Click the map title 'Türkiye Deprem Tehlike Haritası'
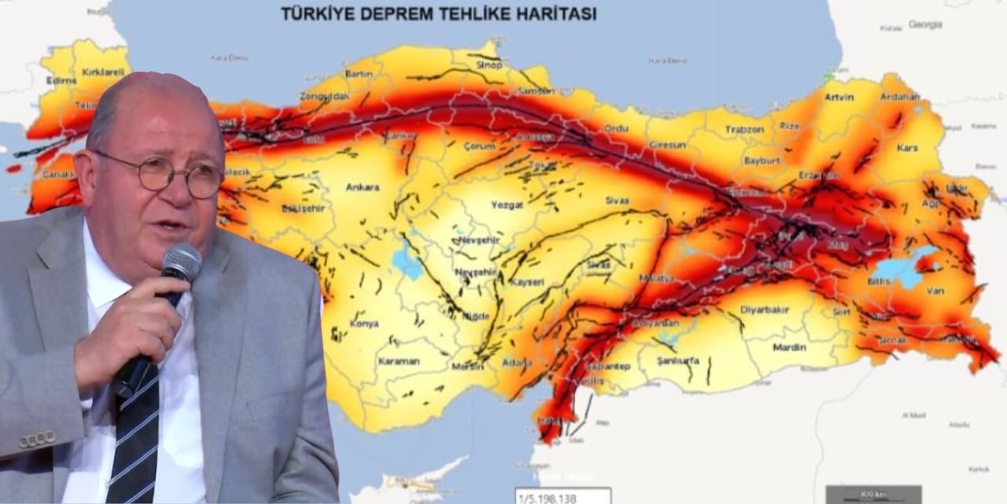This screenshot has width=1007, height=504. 438,14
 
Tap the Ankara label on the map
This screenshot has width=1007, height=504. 362,187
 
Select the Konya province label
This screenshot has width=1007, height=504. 364,324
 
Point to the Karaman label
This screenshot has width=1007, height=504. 399,361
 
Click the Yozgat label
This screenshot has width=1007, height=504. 507,204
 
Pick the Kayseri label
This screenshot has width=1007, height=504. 527,281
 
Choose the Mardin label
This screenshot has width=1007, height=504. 789,347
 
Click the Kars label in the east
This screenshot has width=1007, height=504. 907,148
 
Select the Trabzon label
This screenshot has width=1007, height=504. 744,129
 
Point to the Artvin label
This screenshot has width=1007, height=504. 839,98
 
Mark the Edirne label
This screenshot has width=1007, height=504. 61,80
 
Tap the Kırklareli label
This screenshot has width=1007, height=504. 105,72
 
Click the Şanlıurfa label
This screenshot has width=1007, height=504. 678,361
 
